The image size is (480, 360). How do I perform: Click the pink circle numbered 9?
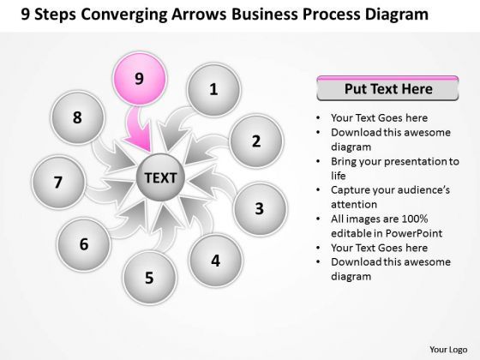coord(139,79)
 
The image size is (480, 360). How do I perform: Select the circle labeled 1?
coord(213,88)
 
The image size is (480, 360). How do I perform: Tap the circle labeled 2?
coord(255,142)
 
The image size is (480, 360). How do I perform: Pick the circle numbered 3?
coord(260,208)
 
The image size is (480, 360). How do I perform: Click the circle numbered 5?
coord(149,277)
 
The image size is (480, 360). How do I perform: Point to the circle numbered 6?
coord(84,243)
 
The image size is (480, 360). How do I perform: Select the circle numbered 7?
coord(58,181)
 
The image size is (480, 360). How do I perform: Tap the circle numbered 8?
coord(77,118)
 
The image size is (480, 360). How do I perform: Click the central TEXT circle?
coord(160,178)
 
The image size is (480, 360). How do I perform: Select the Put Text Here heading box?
coord(387,88)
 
